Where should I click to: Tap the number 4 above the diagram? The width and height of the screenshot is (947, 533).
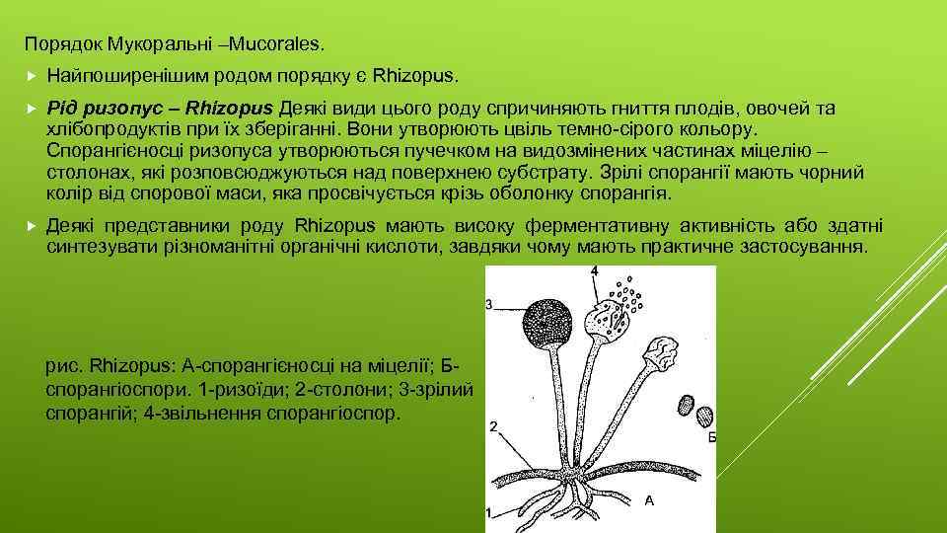[x=594, y=270]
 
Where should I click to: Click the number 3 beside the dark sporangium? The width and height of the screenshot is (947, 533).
[x=490, y=305]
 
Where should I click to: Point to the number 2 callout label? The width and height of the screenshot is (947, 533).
[x=492, y=427]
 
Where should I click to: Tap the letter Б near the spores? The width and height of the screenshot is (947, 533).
[x=712, y=437]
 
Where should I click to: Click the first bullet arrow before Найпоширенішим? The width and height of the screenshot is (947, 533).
[x=32, y=75]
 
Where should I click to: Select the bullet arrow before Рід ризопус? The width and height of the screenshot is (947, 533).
[x=32, y=108]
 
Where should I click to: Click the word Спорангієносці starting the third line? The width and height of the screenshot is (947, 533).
[x=107, y=150]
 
